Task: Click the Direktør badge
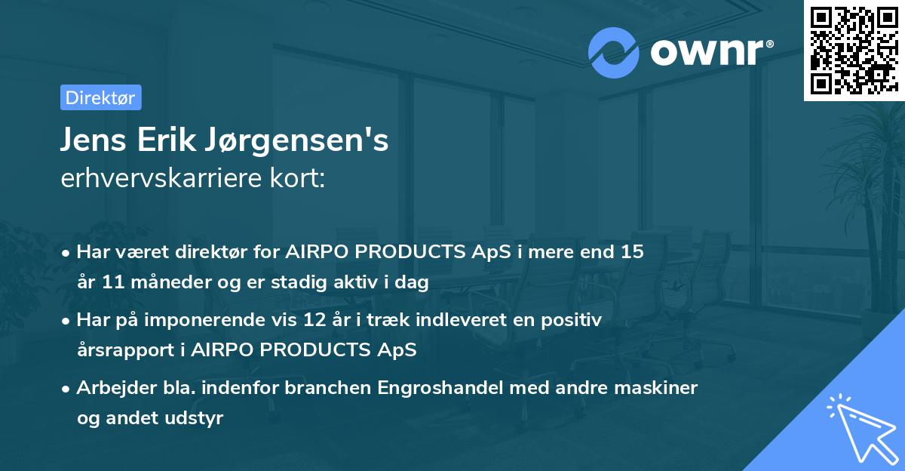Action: [x=100, y=97]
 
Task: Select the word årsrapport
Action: [x=123, y=350]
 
